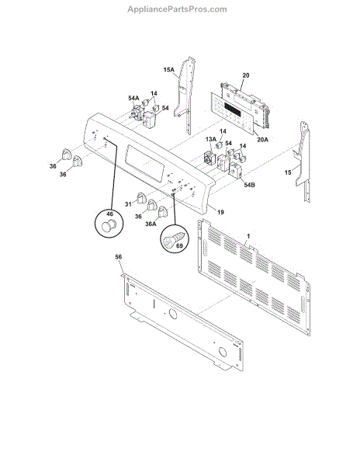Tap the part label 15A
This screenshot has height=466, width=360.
pos(168,70)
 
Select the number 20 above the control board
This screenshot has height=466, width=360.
pos(245,75)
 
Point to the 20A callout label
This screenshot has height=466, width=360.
pos(261,139)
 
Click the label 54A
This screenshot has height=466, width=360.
pos(133,99)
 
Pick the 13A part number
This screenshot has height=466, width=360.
pos(210,139)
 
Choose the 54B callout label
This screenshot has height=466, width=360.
pos(248,185)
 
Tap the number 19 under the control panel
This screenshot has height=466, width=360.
pos(220,212)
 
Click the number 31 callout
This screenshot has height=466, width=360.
pos(129,204)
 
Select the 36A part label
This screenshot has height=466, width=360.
pos(148,224)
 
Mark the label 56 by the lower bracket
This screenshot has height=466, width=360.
pos(119,256)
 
